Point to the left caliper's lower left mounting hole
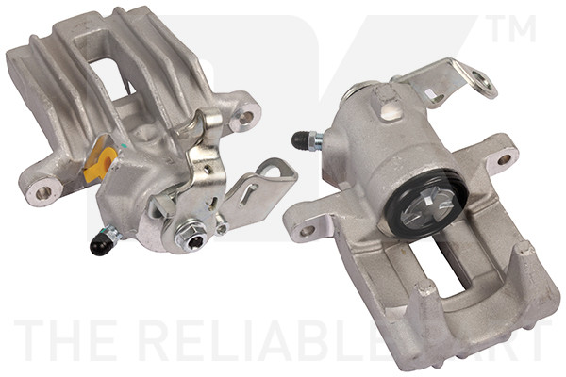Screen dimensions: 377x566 tap(42, 193)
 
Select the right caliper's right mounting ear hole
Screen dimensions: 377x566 tap(504, 159)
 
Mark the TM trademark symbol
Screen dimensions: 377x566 tap(513, 30)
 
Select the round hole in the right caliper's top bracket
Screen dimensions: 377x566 tap(437, 96)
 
